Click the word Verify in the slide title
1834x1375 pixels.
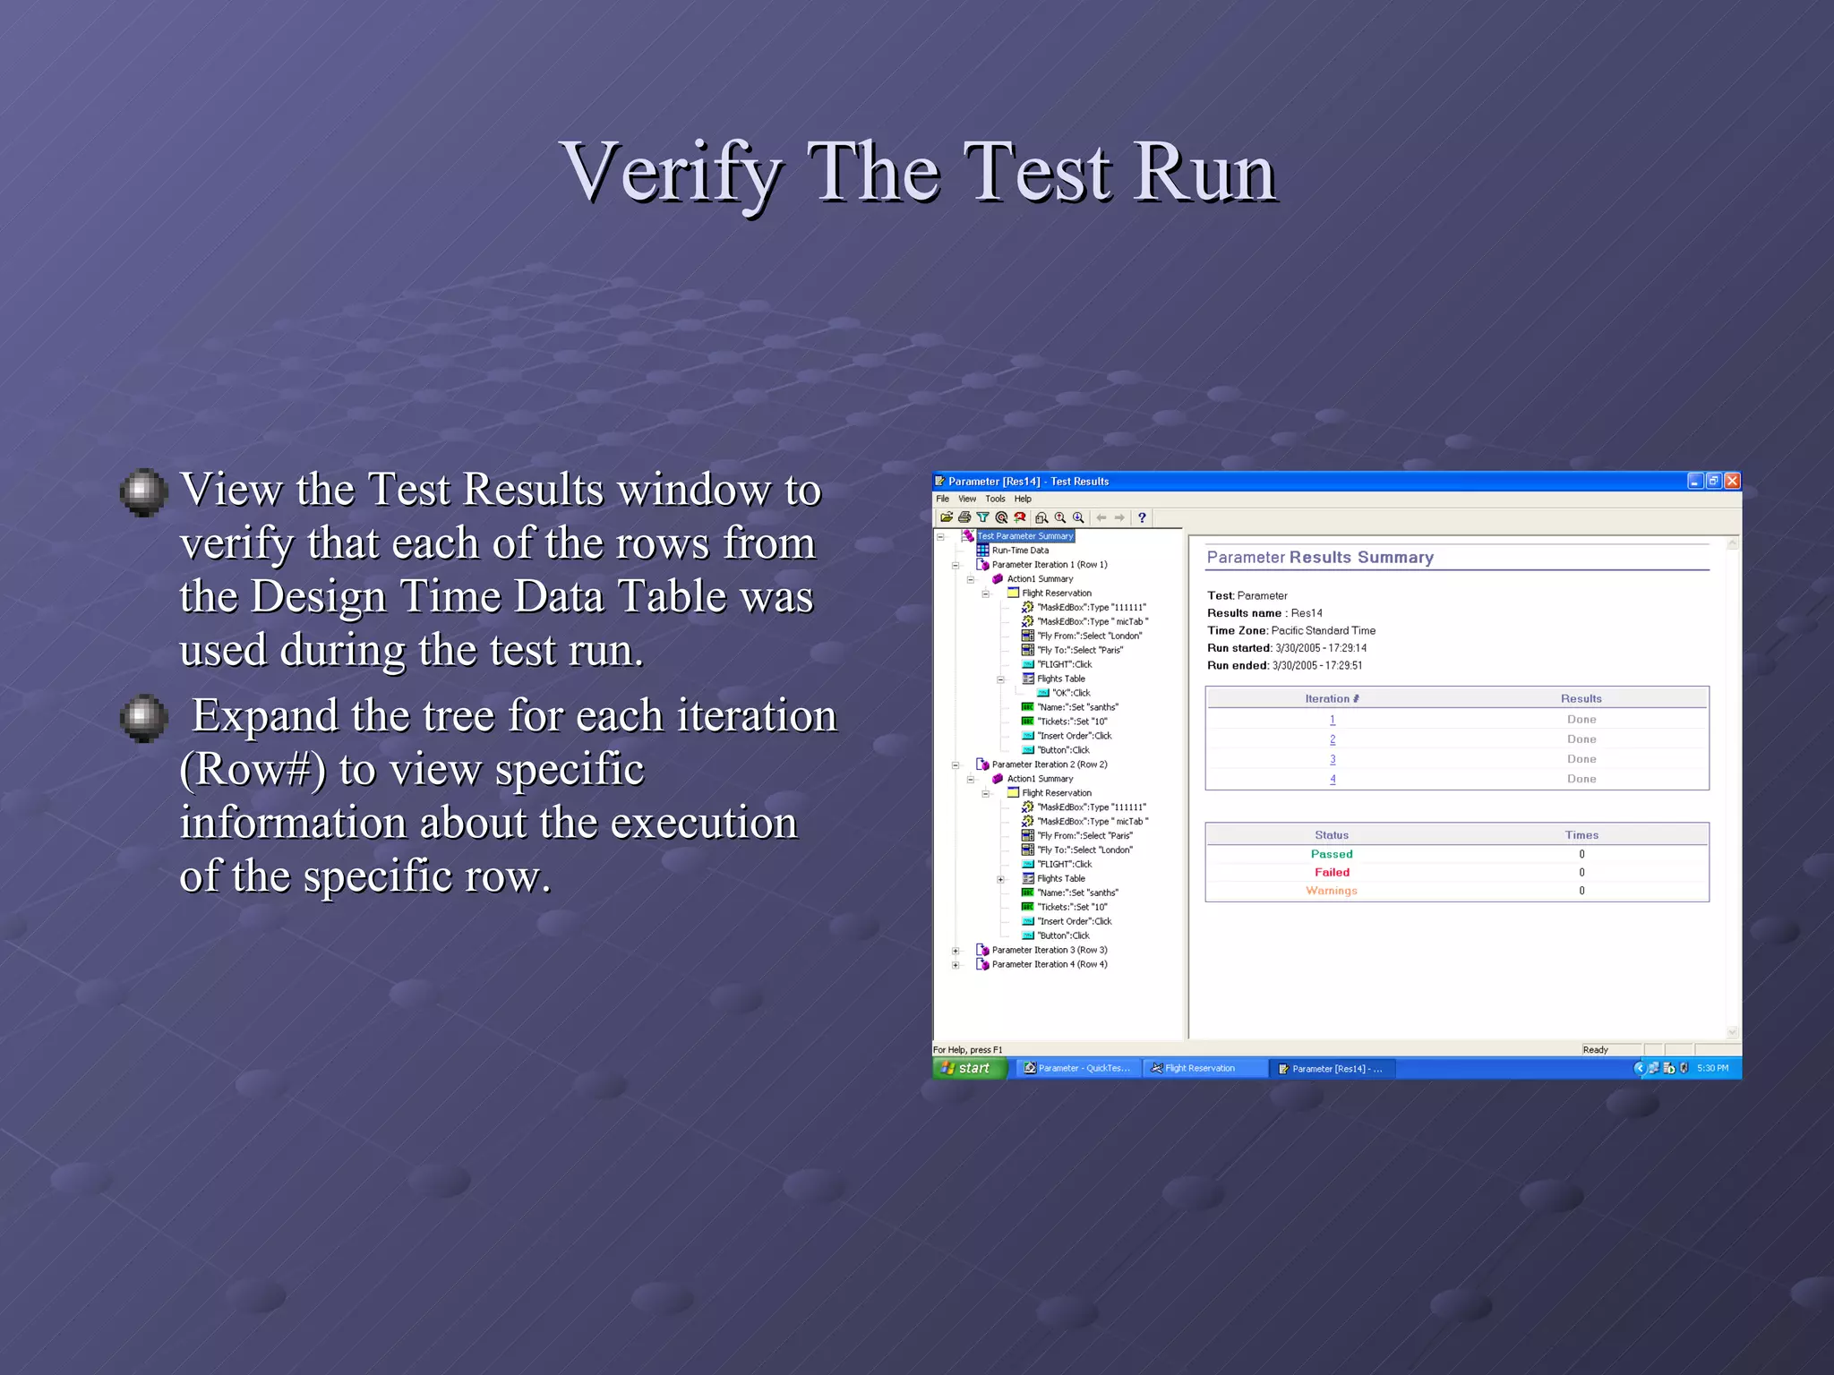pyautogui.click(x=672, y=173)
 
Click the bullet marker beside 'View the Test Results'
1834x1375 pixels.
pyautogui.click(x=143, y=491)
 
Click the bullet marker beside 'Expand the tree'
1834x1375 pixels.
pyautogui.click(x=143, y=717)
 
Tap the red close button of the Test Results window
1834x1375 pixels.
pyautogui.click(x=1732, y=481)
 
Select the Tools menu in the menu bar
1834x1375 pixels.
pyautogui.click(x=995, y=499)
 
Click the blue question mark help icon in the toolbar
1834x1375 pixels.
pyautogui.click(x=1142, y=517)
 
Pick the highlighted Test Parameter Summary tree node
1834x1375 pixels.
pyautogui.click(x=1024, y=536)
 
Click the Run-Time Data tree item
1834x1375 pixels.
pyautogui.click(x=1020, y=551)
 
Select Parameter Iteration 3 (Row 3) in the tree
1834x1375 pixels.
pyautogui.click(x=1049, y=950)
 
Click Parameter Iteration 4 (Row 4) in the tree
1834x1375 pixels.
pyautogui.click(x=1049, y=964)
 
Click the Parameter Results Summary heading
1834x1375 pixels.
pyautogui.click(x=1320, y=557)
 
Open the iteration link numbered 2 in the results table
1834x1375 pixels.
pyautogui.click(x=1333, y=739)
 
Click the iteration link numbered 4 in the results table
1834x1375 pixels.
pyautogui.click(x=1333, y=779)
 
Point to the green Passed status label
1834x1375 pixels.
pyautogui.click(x=1332, y=854)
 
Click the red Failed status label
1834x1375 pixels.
pyautogui.click(x=1332, y=872)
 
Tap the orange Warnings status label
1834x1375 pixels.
pyautogui.click(x=1332, y=891)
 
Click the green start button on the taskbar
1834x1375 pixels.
pyautogui.click(x=970, y=1068)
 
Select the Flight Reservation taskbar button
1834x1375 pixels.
pyautogui.click(x=1200, y=1068)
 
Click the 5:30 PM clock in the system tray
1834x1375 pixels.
pyautogui.click(x=1712, y=1068)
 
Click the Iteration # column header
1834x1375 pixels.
pyautogui.click(x=1332, y=698)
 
